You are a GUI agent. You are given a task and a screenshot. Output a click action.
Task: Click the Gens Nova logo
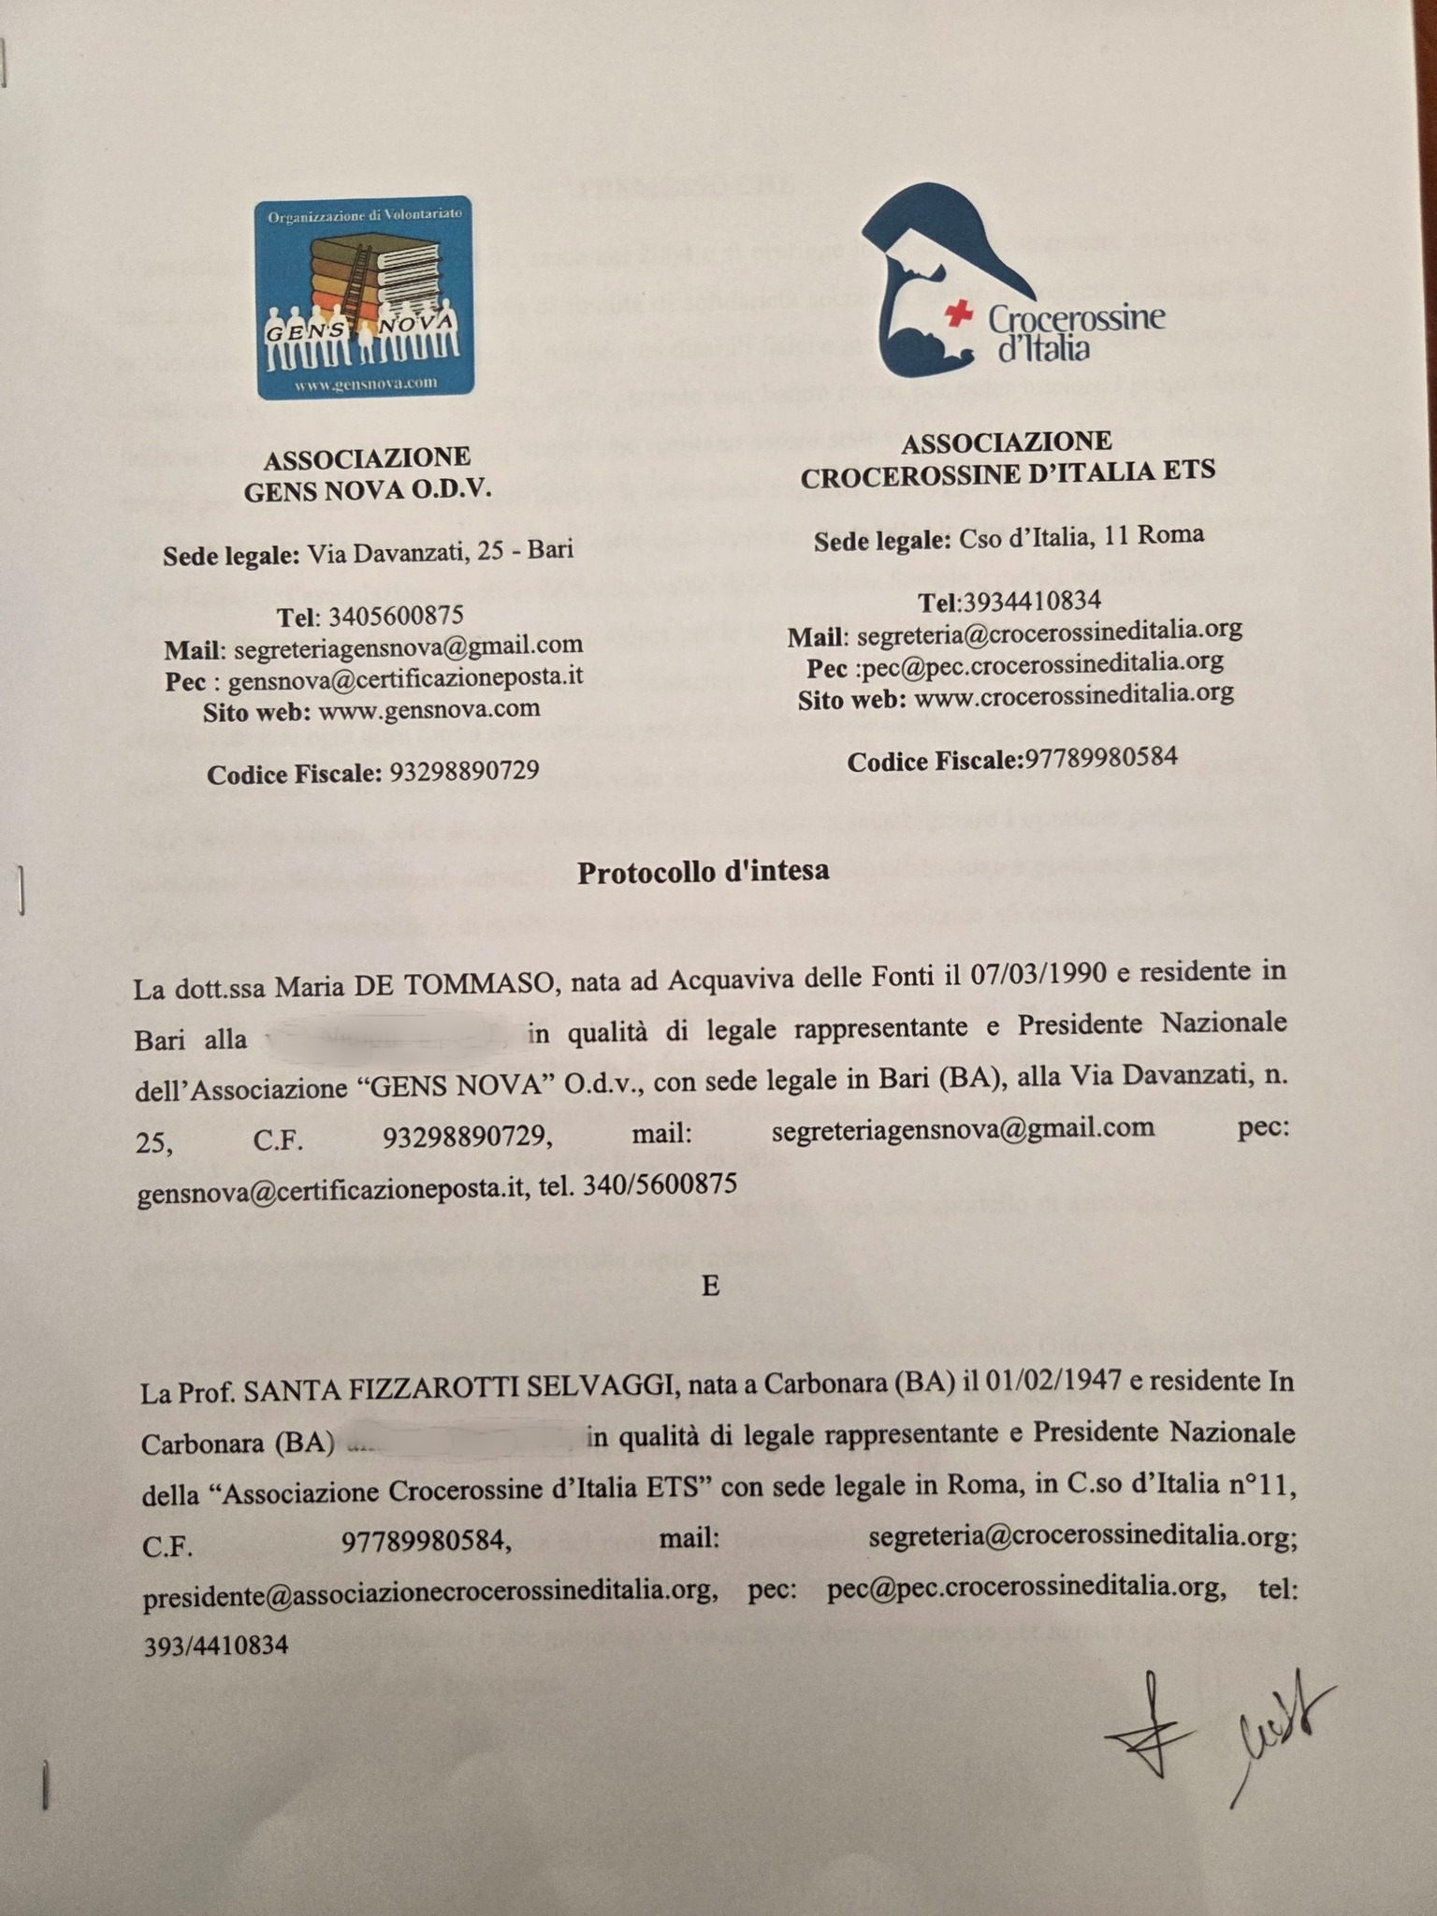point(364,298)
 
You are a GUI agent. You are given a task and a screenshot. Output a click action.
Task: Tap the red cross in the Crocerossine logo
point(957,315)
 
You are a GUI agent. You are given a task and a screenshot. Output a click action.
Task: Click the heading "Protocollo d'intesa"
point(703,872)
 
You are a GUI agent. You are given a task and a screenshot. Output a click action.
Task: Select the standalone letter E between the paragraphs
point(710,1286)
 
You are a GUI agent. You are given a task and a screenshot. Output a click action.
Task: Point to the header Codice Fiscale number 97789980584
point(1101,759)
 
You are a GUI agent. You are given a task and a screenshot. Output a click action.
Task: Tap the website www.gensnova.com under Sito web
point(429,709)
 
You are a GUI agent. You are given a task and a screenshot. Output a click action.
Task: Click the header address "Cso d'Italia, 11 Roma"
point(1081,537)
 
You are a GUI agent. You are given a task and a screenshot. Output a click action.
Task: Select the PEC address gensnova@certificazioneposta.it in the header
point(405,677)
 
